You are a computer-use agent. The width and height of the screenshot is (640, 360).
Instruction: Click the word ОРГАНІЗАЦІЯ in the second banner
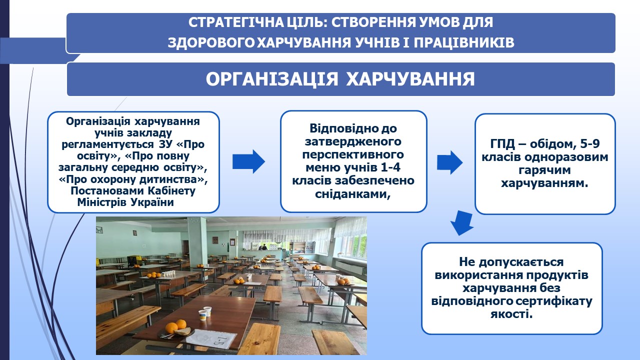click(x=272, y=79)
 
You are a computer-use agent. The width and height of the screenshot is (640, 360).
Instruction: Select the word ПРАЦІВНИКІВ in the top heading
click(x=464, y=42)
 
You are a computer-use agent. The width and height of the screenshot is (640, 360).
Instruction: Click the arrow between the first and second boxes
click(x=248, y=161)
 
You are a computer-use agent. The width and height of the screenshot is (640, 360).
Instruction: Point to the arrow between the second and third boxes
click(x=449, y=162)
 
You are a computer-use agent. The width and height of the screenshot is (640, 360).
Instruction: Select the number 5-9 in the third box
click(x=589, y=143)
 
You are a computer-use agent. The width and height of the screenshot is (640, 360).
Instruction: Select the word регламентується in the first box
click(x=108, y=144)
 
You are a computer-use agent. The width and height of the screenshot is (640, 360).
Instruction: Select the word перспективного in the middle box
click(x=353, y=154)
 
